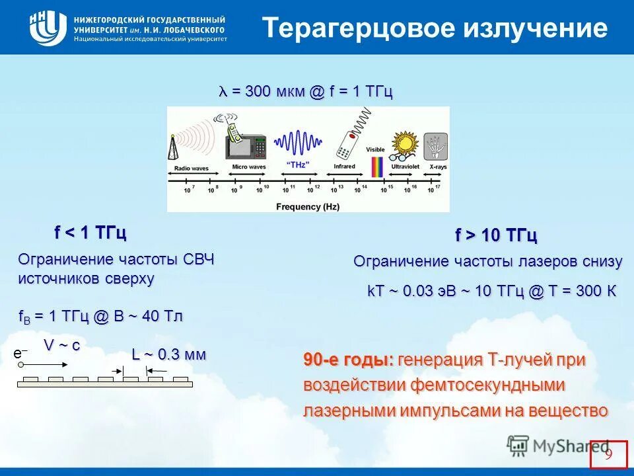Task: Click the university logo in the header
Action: coord(48,28)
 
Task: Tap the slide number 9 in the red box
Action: coord(608,454)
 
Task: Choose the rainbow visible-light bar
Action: coord(376,166)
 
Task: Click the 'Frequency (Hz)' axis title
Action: coord(307,206)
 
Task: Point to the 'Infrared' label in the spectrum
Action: coord(344,167)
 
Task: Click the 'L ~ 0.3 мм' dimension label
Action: coord(169,354)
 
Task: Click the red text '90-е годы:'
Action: coord(348,360)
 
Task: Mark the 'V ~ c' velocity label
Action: coord(61,345)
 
